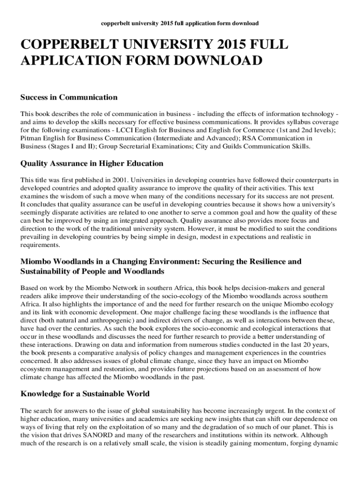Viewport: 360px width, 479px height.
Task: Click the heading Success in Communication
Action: click(x=69, y=97)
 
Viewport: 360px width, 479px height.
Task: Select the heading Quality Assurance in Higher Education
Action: click(x=92, y=163)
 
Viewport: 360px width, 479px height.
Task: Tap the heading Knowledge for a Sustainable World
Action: click(x=85, y=394)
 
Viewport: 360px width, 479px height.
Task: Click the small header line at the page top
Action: click(x=180, y=23)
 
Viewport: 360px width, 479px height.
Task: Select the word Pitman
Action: click(x=31, y=139)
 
